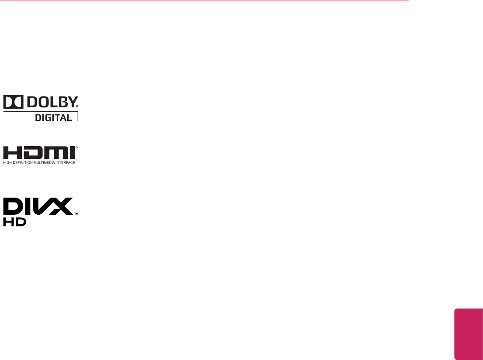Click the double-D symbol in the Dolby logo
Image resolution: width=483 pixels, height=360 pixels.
click(x=13, y=102)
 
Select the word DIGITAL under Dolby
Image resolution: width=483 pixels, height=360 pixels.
click(x=54, y=117)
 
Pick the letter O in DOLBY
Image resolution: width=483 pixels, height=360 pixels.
click(x=42, y=102)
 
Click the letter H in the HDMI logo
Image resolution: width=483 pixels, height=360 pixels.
click(x=12, y=153)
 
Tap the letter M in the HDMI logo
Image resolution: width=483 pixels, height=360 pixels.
click(x=54, y=153)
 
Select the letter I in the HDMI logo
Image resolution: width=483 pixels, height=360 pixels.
click(x=72, y=153)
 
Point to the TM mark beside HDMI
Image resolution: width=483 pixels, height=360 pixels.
click(x=77, y=147)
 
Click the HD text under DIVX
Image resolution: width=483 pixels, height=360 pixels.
click(x=14, y=222)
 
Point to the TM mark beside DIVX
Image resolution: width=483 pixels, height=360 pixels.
click(x=76, y=214)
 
